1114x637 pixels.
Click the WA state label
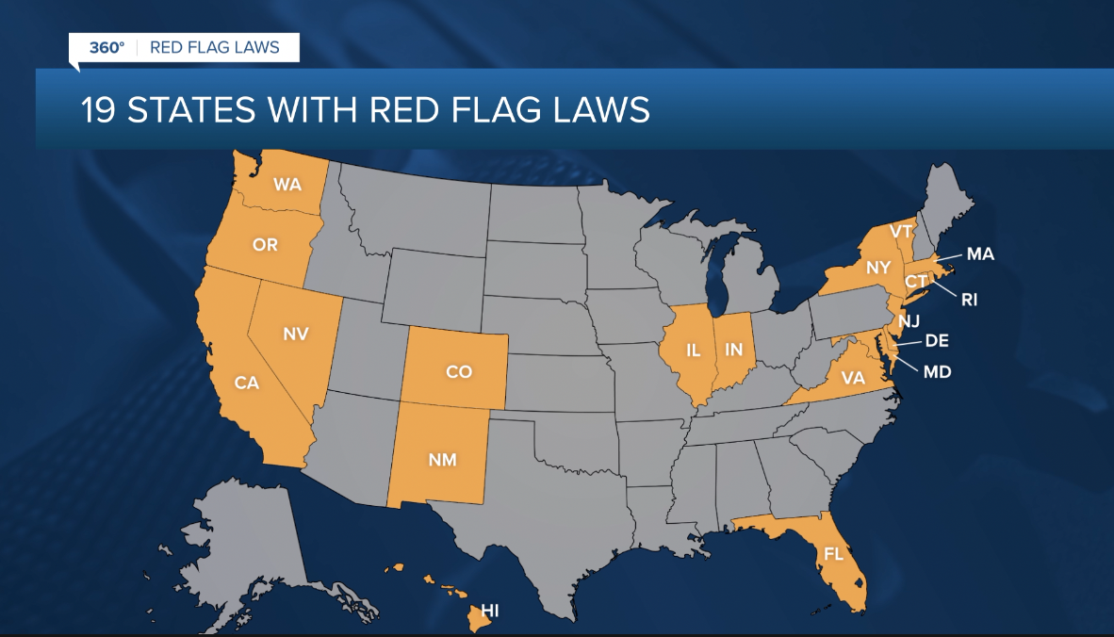pos(287,184)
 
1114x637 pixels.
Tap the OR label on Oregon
pos(265,245)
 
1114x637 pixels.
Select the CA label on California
pos(247,384)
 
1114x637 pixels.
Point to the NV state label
pos(296,334)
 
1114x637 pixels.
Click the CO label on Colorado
pos(459,372)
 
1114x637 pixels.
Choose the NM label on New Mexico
pos(442,460)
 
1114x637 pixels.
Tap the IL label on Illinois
pos(694,351)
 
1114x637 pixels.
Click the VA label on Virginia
pos(852,379)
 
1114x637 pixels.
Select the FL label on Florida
pos(833,554)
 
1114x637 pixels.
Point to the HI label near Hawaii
pos(490,612)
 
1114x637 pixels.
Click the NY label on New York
pos(878,268)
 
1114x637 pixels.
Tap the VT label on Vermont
pos(902,232)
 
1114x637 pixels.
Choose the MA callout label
pos(980,254)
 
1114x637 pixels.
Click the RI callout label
pos(970,300)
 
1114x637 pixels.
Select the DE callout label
pos(937,341)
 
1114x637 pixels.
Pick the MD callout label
pos(937,372)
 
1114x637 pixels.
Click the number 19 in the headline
pos(99,110)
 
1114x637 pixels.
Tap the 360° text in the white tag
pos(106,47)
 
